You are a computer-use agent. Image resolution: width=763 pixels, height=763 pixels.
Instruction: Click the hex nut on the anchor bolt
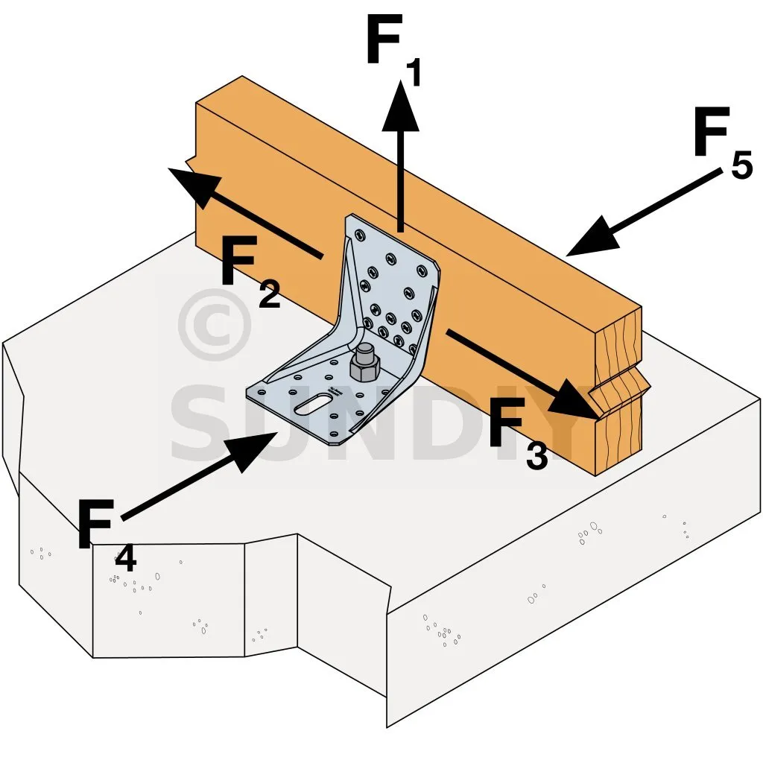pos(364,364)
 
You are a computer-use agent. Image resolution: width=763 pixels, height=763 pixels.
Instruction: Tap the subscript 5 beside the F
pos(741,165)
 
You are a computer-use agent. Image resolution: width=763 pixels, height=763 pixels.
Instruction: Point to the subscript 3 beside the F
pos(536,455)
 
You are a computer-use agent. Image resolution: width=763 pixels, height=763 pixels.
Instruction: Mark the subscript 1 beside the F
pos(413,74)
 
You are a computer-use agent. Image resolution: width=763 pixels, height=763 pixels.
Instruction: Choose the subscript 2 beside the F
pos(269,294)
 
